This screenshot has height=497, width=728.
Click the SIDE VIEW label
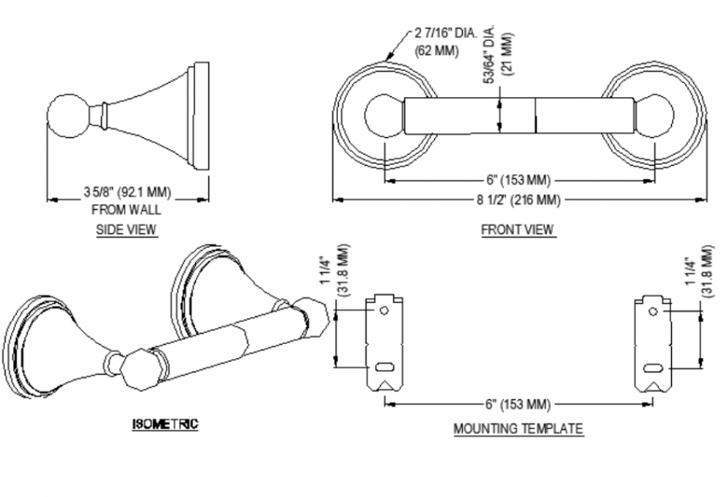[x=126, y=229]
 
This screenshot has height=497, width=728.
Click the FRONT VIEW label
[x=517, y=229]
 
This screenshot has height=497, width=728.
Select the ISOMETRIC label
[x=165, y=424]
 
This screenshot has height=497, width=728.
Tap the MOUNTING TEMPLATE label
[x=518, y=428]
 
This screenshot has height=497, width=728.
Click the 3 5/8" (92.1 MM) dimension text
[x=126, y=193]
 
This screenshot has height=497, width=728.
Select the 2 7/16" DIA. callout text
[x=445, y=33]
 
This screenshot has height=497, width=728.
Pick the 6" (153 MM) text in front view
[x=519, y=180]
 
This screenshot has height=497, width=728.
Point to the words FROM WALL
[x=126, y=209]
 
